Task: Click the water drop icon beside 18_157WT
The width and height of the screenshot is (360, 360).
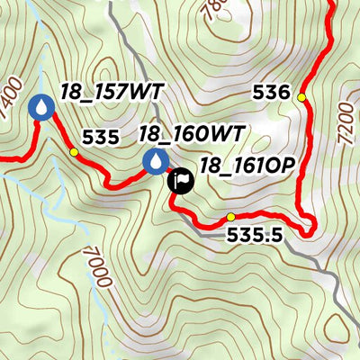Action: (x=41, y=107)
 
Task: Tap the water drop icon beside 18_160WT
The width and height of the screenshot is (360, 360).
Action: (x=156, y=162)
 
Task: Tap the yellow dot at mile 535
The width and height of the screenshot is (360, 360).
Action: (x=74, y=153)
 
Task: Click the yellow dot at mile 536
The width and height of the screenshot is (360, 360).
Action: (x=301, y=97)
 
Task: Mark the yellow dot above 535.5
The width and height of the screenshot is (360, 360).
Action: (x=230, y=217)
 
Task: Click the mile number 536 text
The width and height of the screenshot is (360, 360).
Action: (x=272, y=93)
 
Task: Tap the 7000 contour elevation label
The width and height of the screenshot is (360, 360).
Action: (x=98, y=267)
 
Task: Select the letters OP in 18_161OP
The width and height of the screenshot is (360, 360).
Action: (x=280, y=166)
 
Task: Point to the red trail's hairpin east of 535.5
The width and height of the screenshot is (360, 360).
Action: (x=310, y=227)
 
